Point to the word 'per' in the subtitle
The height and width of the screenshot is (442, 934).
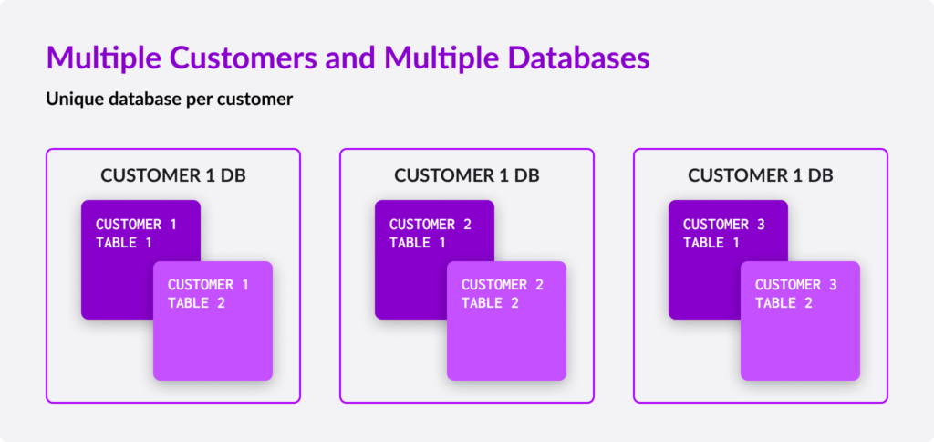(x=199, y=99)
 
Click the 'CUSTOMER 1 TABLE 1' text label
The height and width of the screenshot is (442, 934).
(x=136, y=233)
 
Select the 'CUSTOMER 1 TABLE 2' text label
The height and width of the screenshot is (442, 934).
(x=208, y=293)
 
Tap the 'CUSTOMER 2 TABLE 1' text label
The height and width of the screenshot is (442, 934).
(x=430, y=233)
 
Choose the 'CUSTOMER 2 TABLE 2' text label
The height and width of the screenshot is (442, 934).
(x=502, y=293)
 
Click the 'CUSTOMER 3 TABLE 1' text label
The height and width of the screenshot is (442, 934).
(x=723, y=233)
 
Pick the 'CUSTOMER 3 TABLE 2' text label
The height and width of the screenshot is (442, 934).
(x=795, y=293)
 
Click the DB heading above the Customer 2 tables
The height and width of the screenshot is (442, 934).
(x=466, y=175)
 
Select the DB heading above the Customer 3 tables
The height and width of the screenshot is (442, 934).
(x=760, y=175)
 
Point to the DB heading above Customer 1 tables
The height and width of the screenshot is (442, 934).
(x=172, y=175)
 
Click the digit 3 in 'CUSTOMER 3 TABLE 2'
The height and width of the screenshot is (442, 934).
(x=833, y=285)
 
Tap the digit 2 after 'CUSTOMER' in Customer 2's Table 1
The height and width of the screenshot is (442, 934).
(x=467, y=225)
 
